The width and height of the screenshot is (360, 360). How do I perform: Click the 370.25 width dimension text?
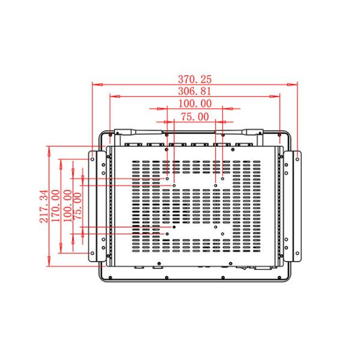click(x=195, y=79)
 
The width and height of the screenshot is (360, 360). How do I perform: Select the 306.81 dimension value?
click(x=195, y=91)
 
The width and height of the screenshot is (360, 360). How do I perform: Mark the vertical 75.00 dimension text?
click(x=78, y=206)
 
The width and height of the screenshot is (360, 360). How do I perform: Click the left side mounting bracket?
click(x=95, y=206)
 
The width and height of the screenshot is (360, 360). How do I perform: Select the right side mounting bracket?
click(x=296, y=206)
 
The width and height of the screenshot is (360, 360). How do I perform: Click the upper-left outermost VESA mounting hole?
click(x=167, y=178)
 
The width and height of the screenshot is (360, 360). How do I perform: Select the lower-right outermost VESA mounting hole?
click(x=223, y=233)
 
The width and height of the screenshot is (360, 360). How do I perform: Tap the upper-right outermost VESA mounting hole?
click(x=223, y=178)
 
